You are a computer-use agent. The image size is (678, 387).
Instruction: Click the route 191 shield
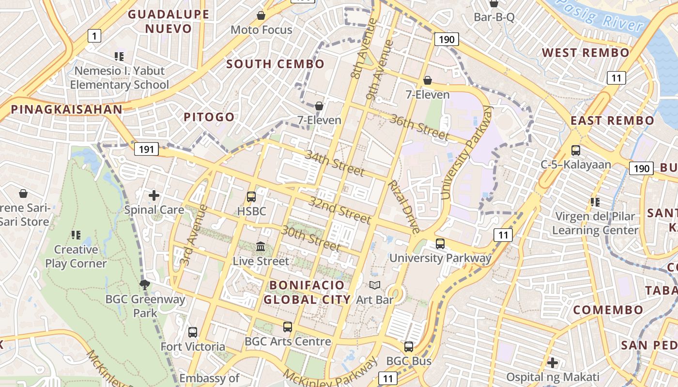146,149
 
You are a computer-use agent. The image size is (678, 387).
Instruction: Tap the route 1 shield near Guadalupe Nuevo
94,35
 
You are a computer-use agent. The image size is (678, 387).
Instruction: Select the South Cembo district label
275,64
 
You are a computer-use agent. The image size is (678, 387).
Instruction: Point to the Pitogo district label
209,117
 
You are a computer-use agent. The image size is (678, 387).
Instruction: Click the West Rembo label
586,52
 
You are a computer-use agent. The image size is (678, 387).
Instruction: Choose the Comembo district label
608,310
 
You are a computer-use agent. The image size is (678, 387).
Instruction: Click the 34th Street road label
334,163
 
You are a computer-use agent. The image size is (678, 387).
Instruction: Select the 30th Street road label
311,237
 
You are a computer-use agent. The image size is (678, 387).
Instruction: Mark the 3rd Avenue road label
193,235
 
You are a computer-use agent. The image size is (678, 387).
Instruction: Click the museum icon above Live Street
261,247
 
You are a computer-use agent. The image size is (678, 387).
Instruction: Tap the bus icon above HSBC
251,196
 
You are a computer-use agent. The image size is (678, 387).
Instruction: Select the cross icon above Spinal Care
154,195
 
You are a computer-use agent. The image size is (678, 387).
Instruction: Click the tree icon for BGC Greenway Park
144,284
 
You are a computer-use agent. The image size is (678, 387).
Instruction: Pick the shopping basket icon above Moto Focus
261,15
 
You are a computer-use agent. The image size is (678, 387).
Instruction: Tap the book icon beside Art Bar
375,285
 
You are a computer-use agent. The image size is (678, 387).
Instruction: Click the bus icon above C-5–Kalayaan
576,150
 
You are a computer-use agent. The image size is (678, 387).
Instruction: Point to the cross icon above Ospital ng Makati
553,362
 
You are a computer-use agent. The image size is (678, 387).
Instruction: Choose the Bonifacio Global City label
307,292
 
